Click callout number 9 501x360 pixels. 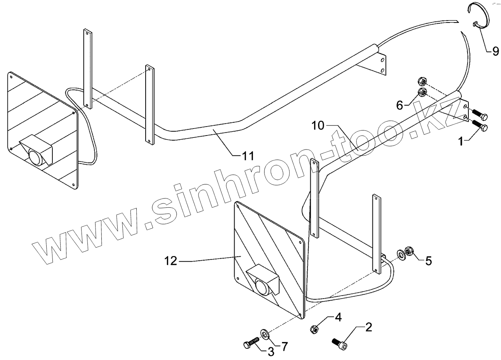tap(495, 51)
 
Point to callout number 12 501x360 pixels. tap(171, 261)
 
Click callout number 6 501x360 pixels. tap(400, 104)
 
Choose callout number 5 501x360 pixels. tap(428, 261)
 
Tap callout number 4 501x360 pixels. tap(338, 317)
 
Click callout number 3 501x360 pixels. tap(270, 352)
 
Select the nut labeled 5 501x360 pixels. tap(409, 252)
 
